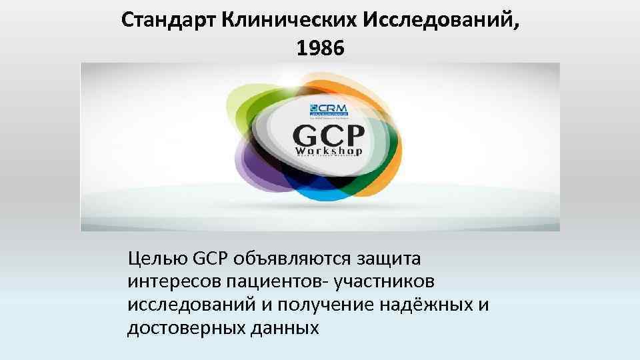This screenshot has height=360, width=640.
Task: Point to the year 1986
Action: click(x=319, y=48)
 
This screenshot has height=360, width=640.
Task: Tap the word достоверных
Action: click(x=177, y=328)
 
